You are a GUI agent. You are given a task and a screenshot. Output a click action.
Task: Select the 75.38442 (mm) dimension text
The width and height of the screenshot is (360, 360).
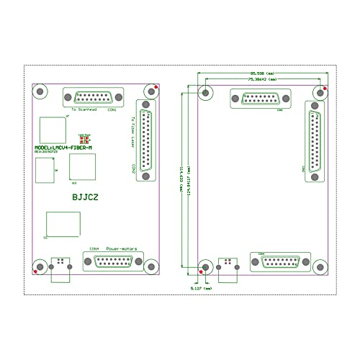coord(261,81)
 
